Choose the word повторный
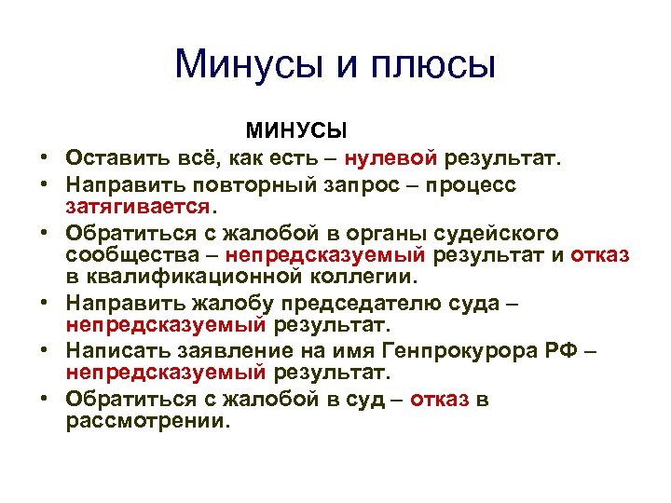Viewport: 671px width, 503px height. pyautogui.click(x=256, y=184)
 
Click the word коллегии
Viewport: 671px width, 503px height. pyautogui.click(x=364, y=277)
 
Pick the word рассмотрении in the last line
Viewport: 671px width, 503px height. pyautogui.click(x=145, y=421)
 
